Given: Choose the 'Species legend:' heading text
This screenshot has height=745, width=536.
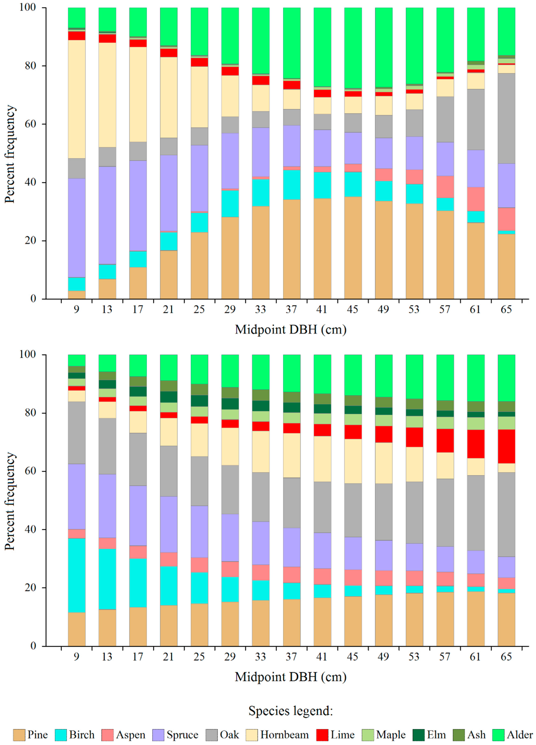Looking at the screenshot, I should pos(291,710).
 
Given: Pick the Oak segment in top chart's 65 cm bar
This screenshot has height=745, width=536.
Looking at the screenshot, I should pos(506,118).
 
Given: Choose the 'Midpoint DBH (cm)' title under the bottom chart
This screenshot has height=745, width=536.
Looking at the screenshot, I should pos(291,677).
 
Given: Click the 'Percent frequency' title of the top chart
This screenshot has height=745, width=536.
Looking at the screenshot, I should pos(10,154).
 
